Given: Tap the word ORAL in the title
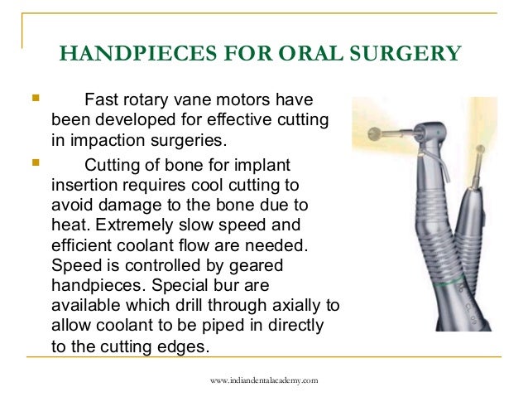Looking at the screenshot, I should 278,55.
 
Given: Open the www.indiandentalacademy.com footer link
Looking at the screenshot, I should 264,380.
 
